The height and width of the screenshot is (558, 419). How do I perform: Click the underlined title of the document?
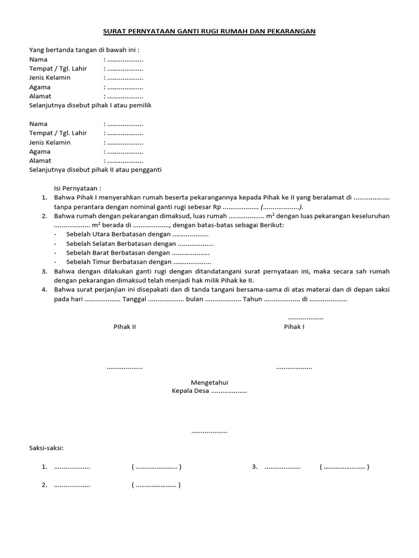209,32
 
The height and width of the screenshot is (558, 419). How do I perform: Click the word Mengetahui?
209,383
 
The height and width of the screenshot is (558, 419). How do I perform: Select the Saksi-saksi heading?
46,448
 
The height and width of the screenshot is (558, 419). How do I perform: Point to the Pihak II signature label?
124,326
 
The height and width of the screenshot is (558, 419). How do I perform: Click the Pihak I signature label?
294,326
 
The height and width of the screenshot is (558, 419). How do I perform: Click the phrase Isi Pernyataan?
77,188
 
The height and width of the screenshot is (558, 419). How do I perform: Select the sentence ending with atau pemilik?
90,105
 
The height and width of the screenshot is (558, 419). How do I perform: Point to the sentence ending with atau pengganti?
95,169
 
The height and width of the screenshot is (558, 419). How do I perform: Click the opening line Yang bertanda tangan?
85,50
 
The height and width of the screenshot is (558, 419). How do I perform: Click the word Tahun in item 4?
253,299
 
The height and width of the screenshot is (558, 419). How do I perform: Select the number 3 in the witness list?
254,466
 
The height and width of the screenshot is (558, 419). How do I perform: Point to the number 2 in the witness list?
44,485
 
